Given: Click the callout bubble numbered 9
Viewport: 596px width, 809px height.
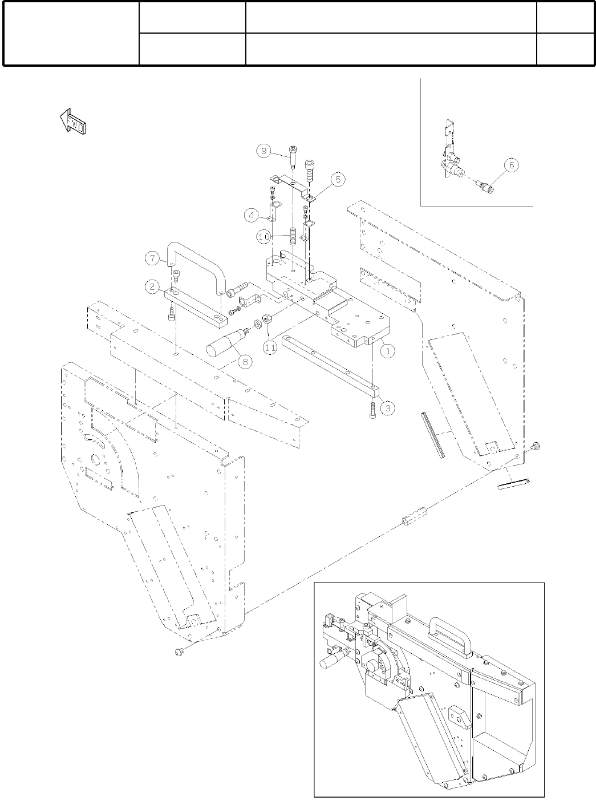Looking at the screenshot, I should pos(263,151).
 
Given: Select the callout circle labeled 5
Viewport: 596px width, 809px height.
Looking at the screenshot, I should pos(338,179).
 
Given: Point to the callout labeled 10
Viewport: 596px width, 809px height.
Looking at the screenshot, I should pos(263,237).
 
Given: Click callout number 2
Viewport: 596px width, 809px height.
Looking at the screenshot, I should pos(152,287).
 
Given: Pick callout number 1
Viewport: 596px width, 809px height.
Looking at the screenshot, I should pos(387,351).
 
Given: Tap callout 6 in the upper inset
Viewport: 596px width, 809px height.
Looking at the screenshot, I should pos(510,164).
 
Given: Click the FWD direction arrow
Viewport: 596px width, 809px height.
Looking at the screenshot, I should pos(73,122).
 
